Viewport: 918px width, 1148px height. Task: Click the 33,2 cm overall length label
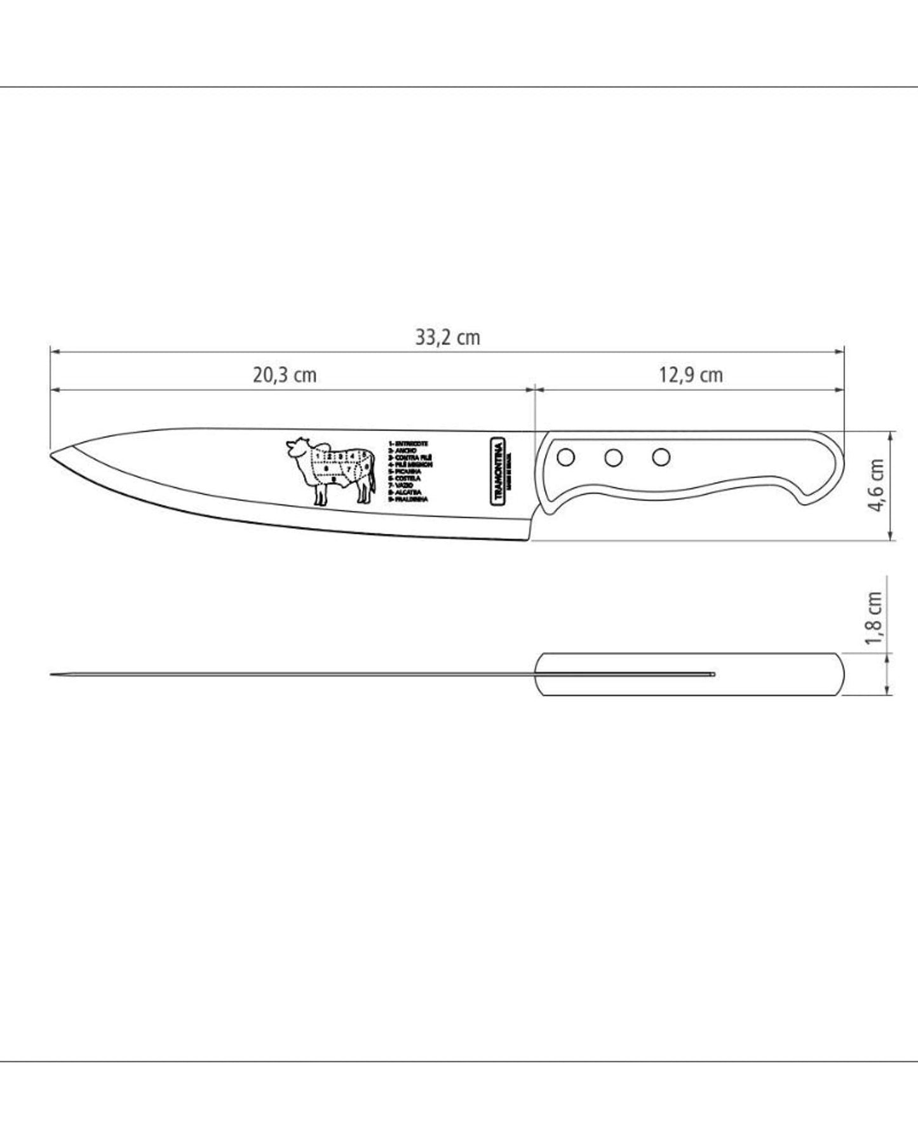pyautogui.click(x=447, y=337)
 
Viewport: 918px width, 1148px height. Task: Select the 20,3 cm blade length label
pyautogui.click(x=285, y=375)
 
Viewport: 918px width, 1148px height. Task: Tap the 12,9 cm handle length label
pyautogui.click(x=690, y=375)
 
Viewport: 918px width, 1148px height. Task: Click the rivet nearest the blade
pyautogui.click(x=565, y=457)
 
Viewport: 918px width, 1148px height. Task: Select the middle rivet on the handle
pyautogui.click(x=613, y=457)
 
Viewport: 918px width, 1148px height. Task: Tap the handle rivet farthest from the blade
pyautogui.click(x=661, y=456)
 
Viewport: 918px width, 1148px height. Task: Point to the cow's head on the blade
pyautogui.click(x=296, y=448)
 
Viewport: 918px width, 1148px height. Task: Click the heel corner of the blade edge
pyautogui.click(x=527, y=540)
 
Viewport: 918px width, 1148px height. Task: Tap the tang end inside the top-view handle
pyautogui.click(x=713, y=674)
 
